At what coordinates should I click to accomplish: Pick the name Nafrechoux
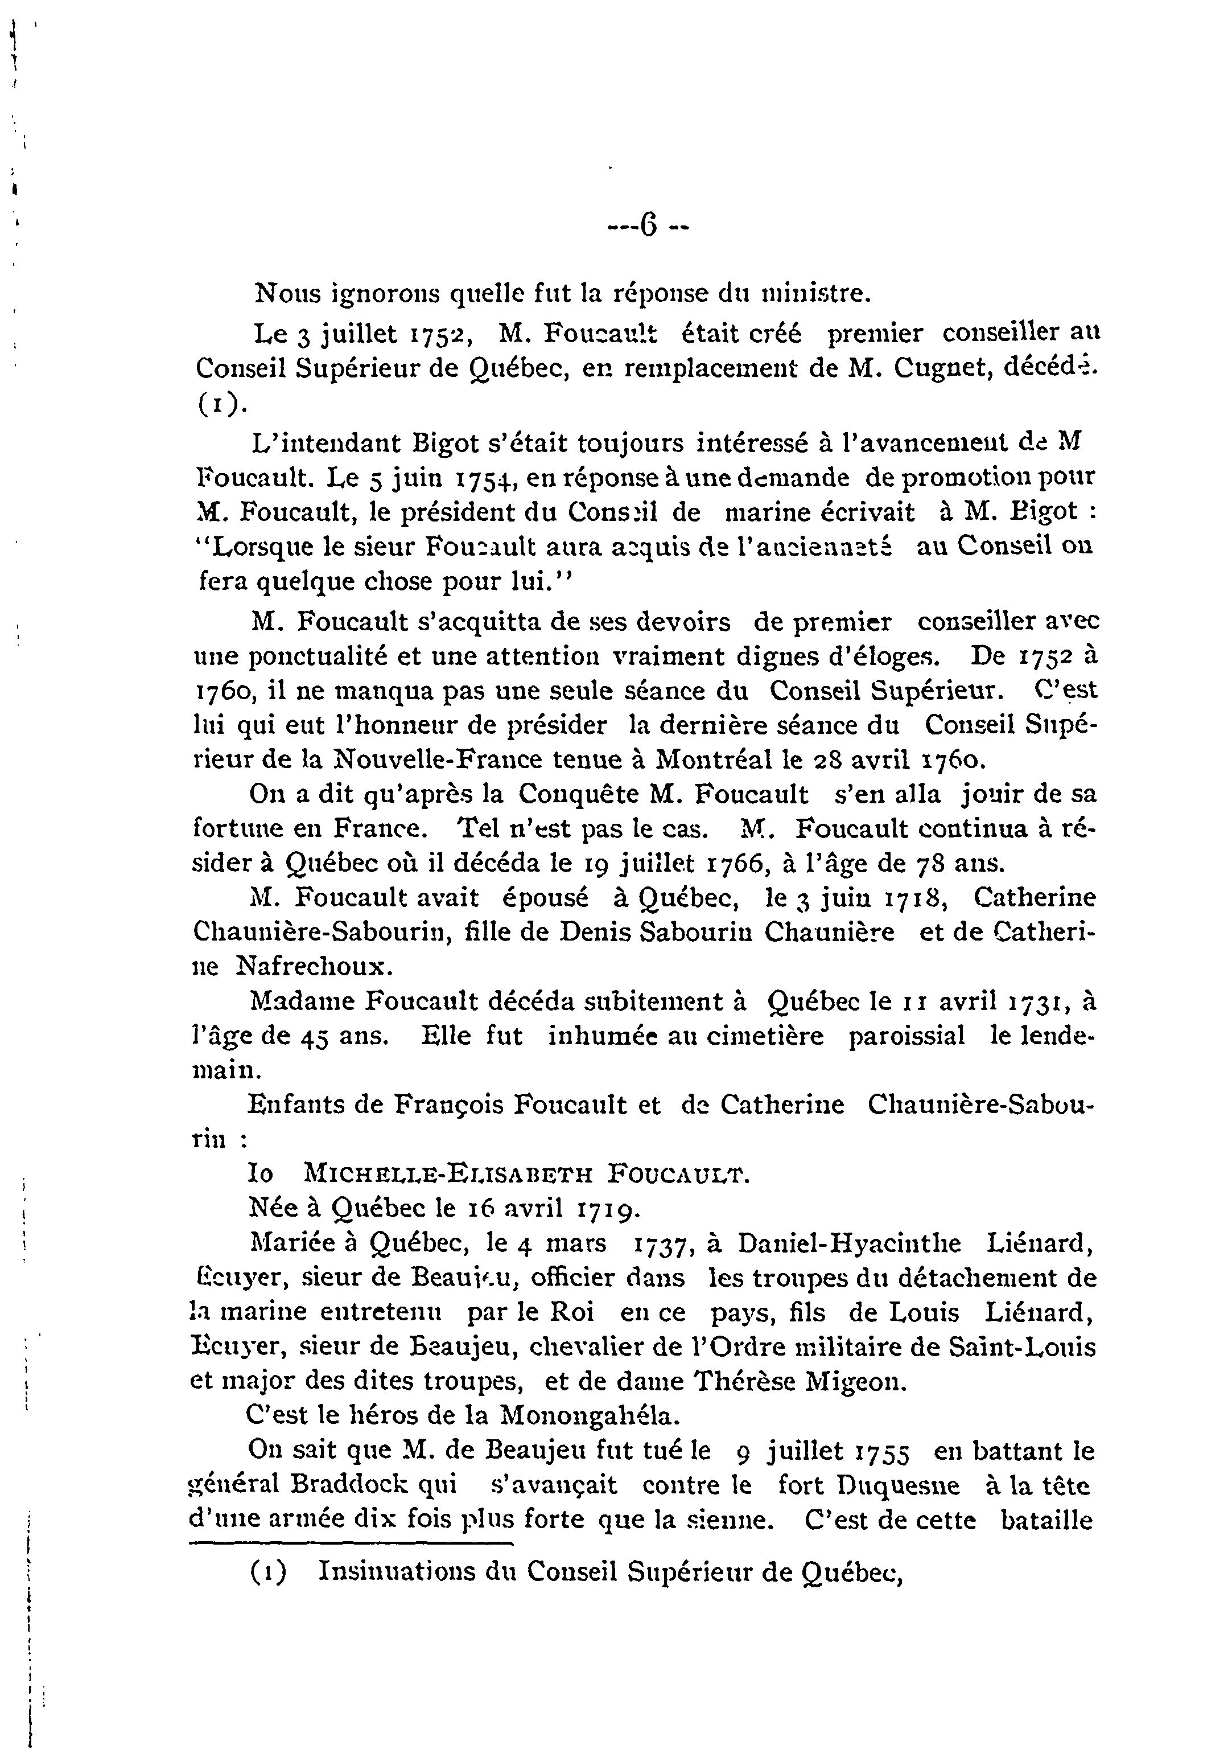pyautogui.click(x=326, y=967)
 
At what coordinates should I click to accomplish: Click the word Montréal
pyautogui.click(x=710, y=759)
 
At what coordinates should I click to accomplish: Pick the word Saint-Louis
pyautogui.click(x=1023, y=1347)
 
